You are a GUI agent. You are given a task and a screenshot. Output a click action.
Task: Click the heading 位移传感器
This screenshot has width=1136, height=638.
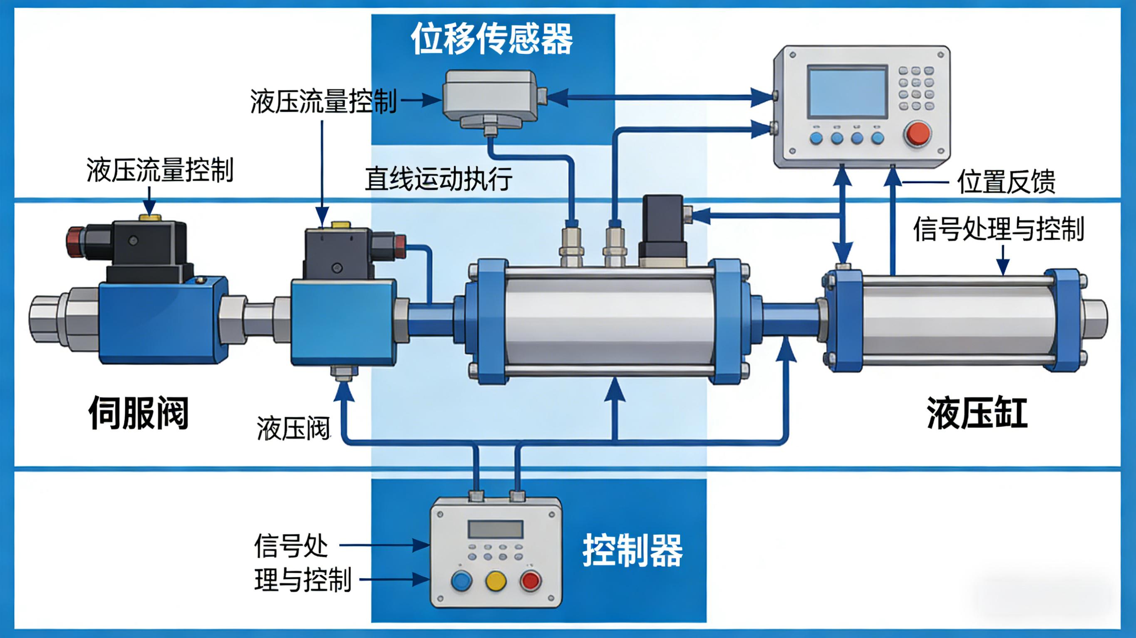492,39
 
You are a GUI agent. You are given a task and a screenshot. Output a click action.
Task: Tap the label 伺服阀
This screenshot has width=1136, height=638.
139,413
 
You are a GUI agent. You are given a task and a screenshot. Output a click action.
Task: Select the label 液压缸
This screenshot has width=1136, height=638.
977,413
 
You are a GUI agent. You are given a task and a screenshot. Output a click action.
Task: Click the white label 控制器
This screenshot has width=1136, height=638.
632,551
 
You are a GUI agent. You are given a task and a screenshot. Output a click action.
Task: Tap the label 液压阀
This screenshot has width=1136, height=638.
293,428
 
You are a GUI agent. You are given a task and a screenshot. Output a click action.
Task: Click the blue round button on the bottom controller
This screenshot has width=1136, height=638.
462,581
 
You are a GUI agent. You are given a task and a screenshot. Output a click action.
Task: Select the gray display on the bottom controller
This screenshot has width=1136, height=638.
495,529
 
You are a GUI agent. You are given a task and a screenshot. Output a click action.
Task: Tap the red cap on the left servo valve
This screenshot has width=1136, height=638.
74,241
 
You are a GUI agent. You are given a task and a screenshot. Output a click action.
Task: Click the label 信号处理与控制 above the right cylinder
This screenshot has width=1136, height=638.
998,229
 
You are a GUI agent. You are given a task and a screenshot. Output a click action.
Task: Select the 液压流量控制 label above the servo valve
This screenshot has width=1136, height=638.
160,170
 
